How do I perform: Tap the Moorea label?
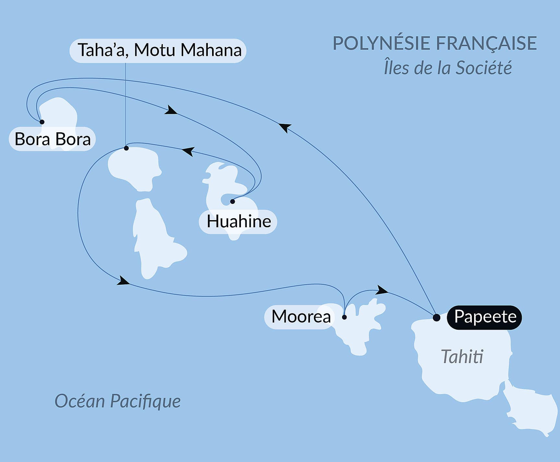click(x=301, y=316)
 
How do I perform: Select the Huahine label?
click(x=239, y=222)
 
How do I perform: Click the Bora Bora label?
click(x=53, y=139)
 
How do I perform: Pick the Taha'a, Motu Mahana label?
click(x=159, y=51)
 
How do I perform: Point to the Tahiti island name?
click(x=462, y=357)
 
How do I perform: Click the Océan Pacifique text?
click(x=117, y=401)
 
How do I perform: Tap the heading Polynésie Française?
click(x=435, y=43)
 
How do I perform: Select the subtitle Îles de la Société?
click(x=447, y=68)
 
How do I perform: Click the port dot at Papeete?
click(x=436, y=317)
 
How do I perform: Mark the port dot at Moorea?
click(x=344, y=317)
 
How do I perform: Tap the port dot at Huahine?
click(x=232, y=202)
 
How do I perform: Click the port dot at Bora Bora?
click(x=42, y=122)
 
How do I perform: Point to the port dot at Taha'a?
click(x=126, y=148)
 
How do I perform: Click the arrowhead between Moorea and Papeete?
click(x=382, y=290)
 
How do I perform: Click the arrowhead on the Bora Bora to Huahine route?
click(x=171, y=110)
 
